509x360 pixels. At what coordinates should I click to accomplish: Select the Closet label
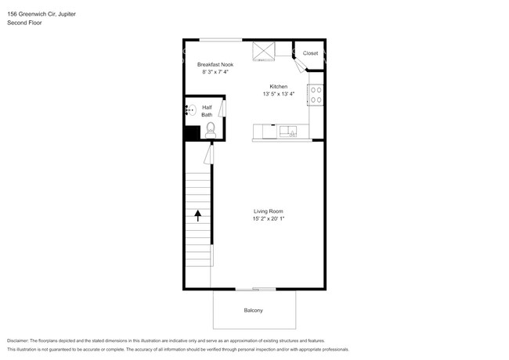pyautogui.click(x=311, y=53)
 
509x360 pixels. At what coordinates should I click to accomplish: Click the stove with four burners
pyautogui.click(x=316, y=95)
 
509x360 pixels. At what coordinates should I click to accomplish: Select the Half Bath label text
pyautogui.click(x=207, y=111)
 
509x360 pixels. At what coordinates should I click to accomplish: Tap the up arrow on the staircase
pyautogui.click(x=198, y=214)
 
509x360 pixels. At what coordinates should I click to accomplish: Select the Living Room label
pyautogui.click(x=268, y=211)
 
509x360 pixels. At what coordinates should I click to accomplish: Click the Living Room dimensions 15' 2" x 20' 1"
pyautogui.click(x=268, y=219)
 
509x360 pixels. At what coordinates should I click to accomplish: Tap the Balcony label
pyautogui.click(x=253, y=311)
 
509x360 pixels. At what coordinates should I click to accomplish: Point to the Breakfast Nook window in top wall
pyautogui.click(x=215, y=40)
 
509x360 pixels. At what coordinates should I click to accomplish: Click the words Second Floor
pyautogui.click(x=24, y=23)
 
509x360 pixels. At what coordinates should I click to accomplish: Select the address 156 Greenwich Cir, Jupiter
pyautogui.click(x=47, y=14)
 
